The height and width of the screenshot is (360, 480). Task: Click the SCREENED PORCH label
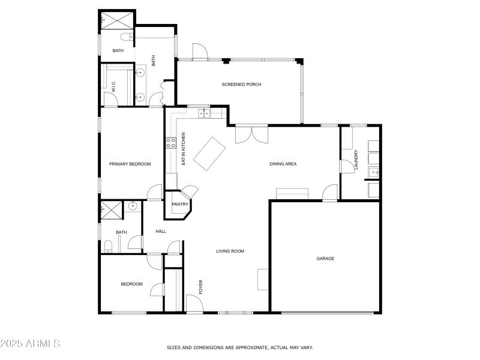(241, 85)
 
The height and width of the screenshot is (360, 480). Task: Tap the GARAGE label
(325, 259)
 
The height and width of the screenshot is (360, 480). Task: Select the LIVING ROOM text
(230, 251)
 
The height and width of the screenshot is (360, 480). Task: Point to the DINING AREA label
(283, 164)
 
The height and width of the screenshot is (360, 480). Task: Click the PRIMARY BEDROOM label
(130, 164)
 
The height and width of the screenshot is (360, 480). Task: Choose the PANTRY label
(180, 205)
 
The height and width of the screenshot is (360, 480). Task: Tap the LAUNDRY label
(356, 160)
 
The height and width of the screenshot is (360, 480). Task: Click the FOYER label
(201, 286)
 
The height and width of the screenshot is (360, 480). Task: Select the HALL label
(161, 231)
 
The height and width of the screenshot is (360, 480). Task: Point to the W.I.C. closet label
(113, 87)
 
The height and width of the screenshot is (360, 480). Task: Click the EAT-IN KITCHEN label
(184, 149)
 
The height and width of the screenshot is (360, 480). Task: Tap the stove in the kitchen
(170, 143)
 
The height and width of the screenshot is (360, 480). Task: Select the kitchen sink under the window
(205, 113)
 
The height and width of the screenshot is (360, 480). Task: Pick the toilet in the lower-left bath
(108, 246)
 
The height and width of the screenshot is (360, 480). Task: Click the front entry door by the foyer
(194, 304)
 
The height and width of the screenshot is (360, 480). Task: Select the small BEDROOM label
(131, 284)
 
